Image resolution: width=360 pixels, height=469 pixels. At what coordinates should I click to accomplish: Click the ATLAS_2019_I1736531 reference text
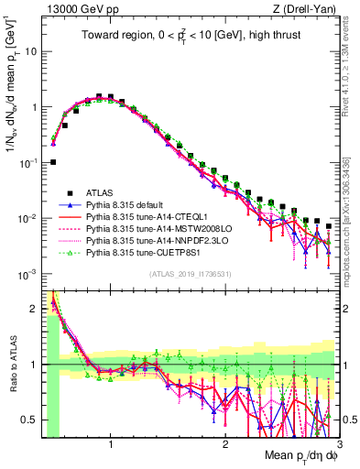click(190, 274)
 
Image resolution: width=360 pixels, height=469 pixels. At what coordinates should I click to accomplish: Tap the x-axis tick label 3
click(338, 442)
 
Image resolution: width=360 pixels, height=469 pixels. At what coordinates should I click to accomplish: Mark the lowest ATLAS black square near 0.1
click(53, 162)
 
